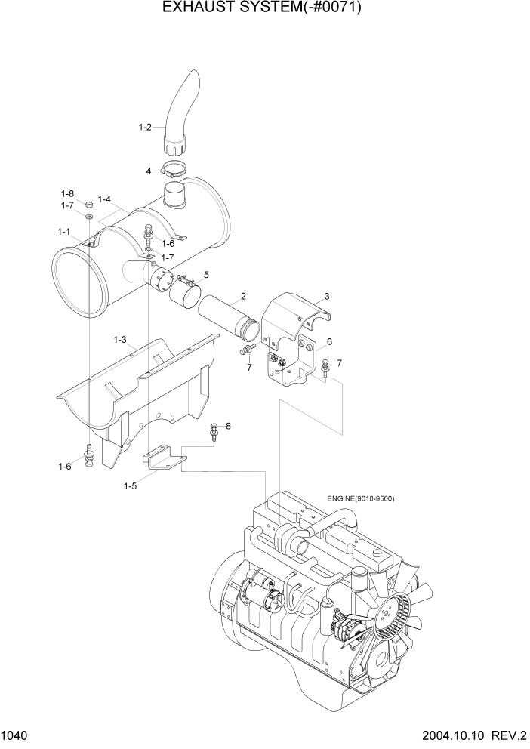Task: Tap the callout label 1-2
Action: click(x=146, y=128)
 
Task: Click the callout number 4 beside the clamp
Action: click(x=149, y=170)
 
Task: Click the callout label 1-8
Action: click(x=67, y=194)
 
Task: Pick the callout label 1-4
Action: click(x=104, y=199)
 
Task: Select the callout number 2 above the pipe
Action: click(x=243, y=295)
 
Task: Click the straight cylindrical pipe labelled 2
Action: click(x=230, y=317)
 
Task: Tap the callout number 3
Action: click(x=327, y=296)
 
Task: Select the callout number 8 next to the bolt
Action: click(x=228, y=426)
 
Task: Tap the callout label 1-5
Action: click(x=131, y=486)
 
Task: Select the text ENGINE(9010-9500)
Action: click(x=361, y=498)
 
